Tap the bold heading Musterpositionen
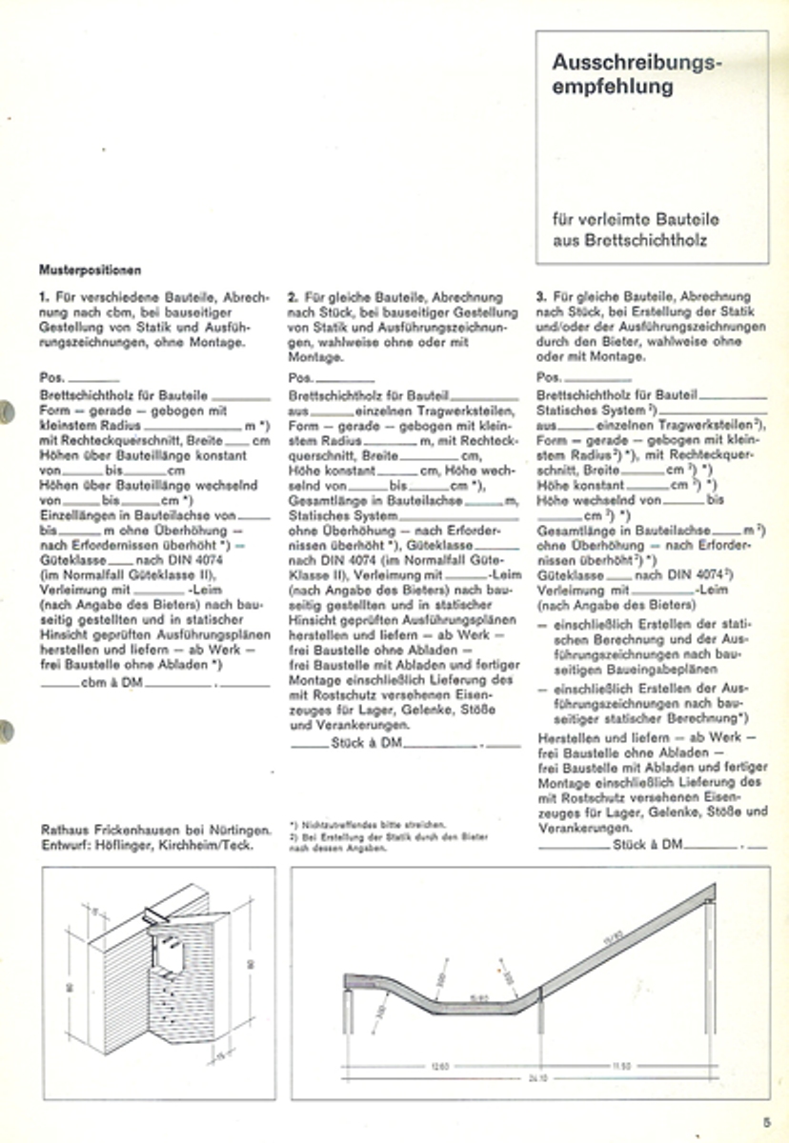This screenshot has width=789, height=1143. (x=91, y=271)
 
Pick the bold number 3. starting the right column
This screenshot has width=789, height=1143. (x=541, y=297)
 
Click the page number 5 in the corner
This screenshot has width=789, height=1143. (x=765, y=1120)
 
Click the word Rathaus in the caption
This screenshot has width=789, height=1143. (x=66, y=828)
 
